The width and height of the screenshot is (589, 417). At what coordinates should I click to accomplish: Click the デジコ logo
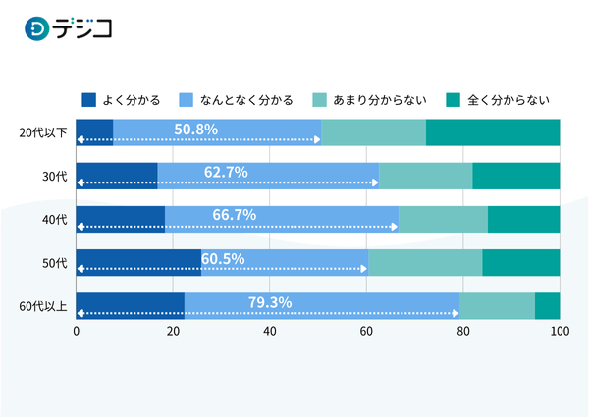tap(69, 29)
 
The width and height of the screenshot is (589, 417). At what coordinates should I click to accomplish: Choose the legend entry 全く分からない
tap(497, 99)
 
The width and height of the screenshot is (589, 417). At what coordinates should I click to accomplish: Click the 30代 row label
tap(53, 176)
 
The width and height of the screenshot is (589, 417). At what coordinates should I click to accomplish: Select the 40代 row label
tap(53, 219)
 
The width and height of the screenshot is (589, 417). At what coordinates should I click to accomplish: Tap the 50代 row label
tap(53, 263)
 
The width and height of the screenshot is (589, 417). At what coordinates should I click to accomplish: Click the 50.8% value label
tap(196, 129)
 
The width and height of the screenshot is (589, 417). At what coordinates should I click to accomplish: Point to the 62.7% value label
tap(226, 172)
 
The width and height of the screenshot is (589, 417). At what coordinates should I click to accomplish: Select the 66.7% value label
tap(235, 215)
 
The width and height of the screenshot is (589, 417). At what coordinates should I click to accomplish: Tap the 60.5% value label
tap(223, 258)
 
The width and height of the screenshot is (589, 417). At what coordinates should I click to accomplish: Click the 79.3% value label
tap(270, 301)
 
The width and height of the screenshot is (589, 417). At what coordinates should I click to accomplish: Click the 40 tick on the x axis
tap(270, 332)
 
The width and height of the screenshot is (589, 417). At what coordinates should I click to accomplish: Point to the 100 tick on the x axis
tap(560, 332)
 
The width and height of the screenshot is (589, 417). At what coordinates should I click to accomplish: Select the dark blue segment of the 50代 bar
tap(138, 263)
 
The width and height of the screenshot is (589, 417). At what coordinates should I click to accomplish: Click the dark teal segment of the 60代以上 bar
tap(547, 306)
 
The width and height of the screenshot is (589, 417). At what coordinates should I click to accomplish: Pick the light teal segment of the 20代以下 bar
tap(373, 132)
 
